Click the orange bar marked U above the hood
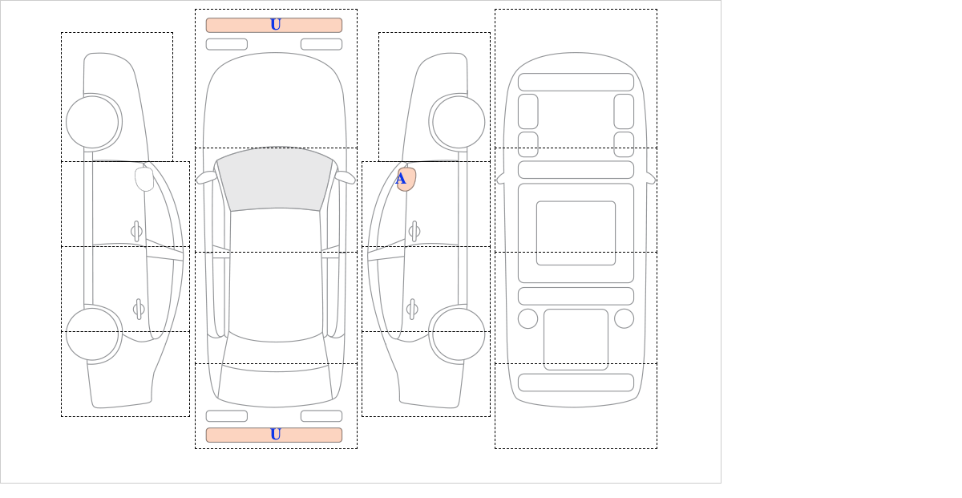(274, 25)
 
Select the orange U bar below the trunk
(274, 435)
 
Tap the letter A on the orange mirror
(401, 178)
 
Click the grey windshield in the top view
(275, 178)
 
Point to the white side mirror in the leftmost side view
(144, 179)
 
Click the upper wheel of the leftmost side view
(92, 122)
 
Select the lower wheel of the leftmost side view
(92, 334)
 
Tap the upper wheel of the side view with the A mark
(459, 122)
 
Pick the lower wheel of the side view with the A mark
(459, 334)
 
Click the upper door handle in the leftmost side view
(136, 232)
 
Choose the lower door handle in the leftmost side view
(139, 309)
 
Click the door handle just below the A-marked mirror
(414, 232)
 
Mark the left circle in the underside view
(527, 319)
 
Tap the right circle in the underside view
(624, 319)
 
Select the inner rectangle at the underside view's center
(576, 233)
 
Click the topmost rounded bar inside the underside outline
(576, 82)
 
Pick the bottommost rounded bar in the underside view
(576, 383)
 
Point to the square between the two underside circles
(576, 339)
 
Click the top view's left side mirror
(207, 177)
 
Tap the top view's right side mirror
(345, 177)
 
